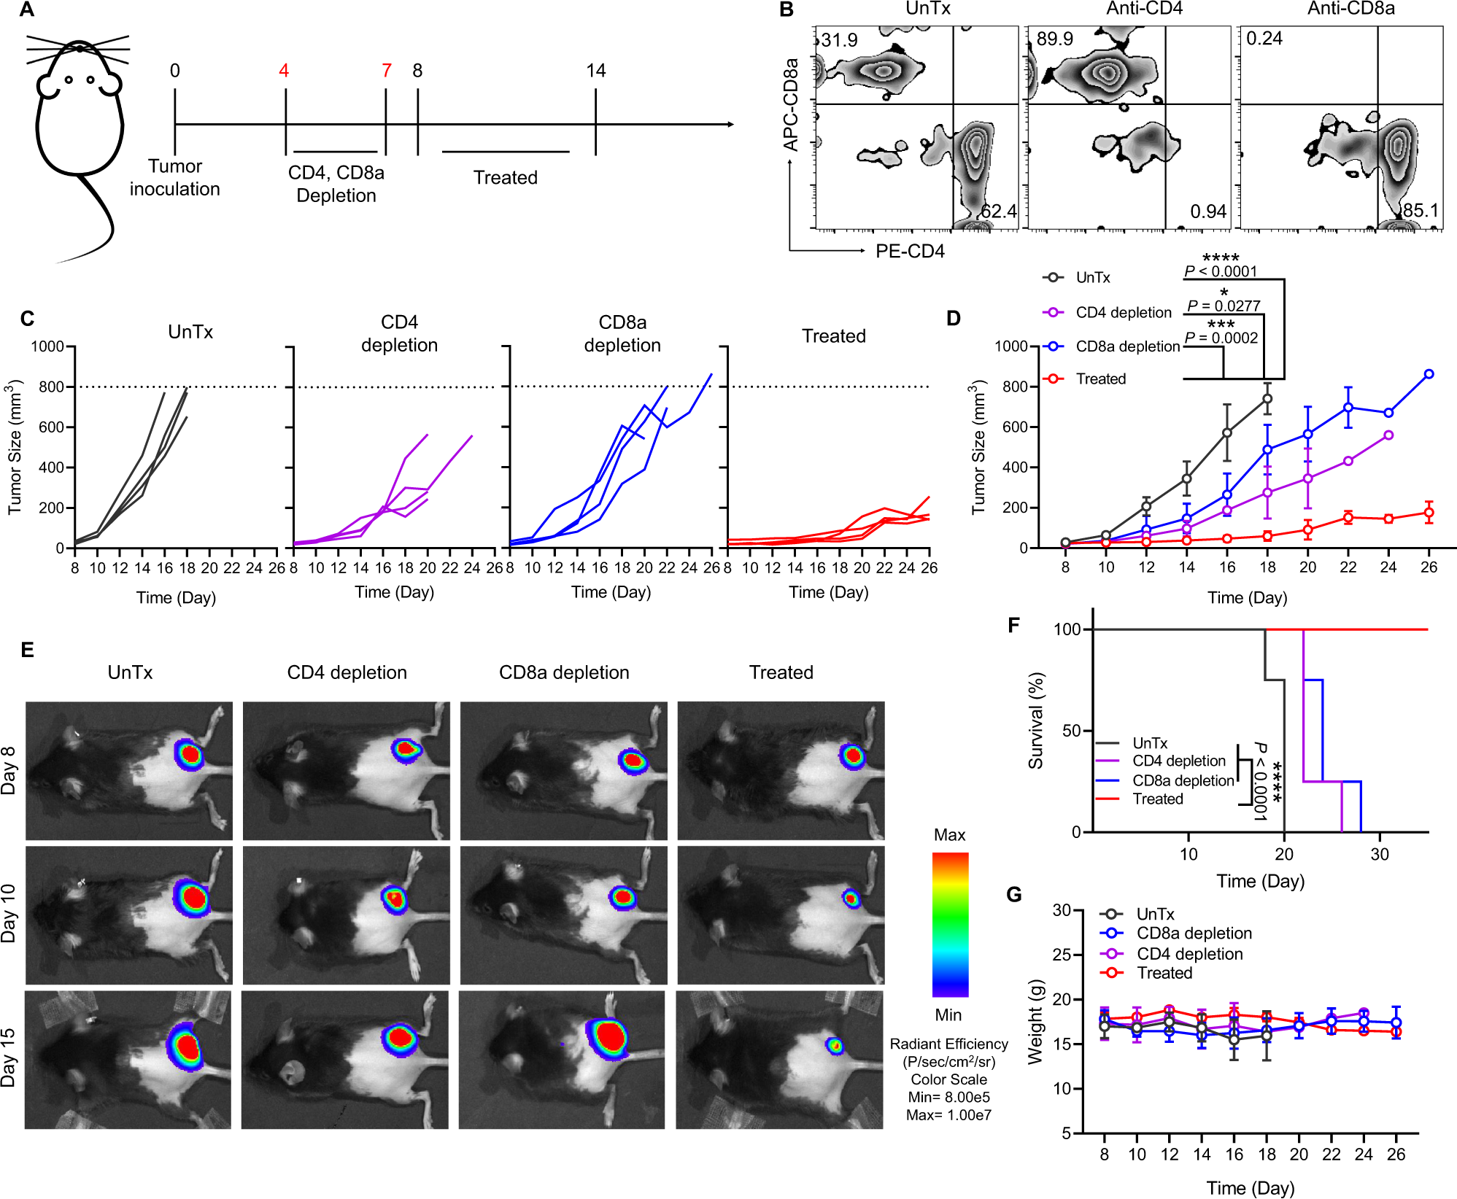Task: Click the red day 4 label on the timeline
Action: point(284,71)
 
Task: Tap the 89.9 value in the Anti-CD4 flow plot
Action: point(1054,39)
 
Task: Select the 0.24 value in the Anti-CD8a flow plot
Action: point(1264,39)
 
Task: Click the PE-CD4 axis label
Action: point(910,252)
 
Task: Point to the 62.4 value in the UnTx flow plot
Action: point(998,212)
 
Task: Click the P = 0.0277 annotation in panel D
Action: point(1224,306)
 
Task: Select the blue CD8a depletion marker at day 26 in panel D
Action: point(1429,374)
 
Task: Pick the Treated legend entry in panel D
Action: point(1100,379)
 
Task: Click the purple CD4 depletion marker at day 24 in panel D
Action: point(1388,435)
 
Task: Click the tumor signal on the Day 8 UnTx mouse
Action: point(190,754)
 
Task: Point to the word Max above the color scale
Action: point(949,835)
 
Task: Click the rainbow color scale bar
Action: point(950,924)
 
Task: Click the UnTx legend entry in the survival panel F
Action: point(1150,743)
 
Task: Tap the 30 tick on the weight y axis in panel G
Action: point(1062,910)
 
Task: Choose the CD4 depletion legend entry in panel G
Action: point(1189,954)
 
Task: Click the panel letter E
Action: point(28,650)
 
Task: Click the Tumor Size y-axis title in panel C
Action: point(15,446)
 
